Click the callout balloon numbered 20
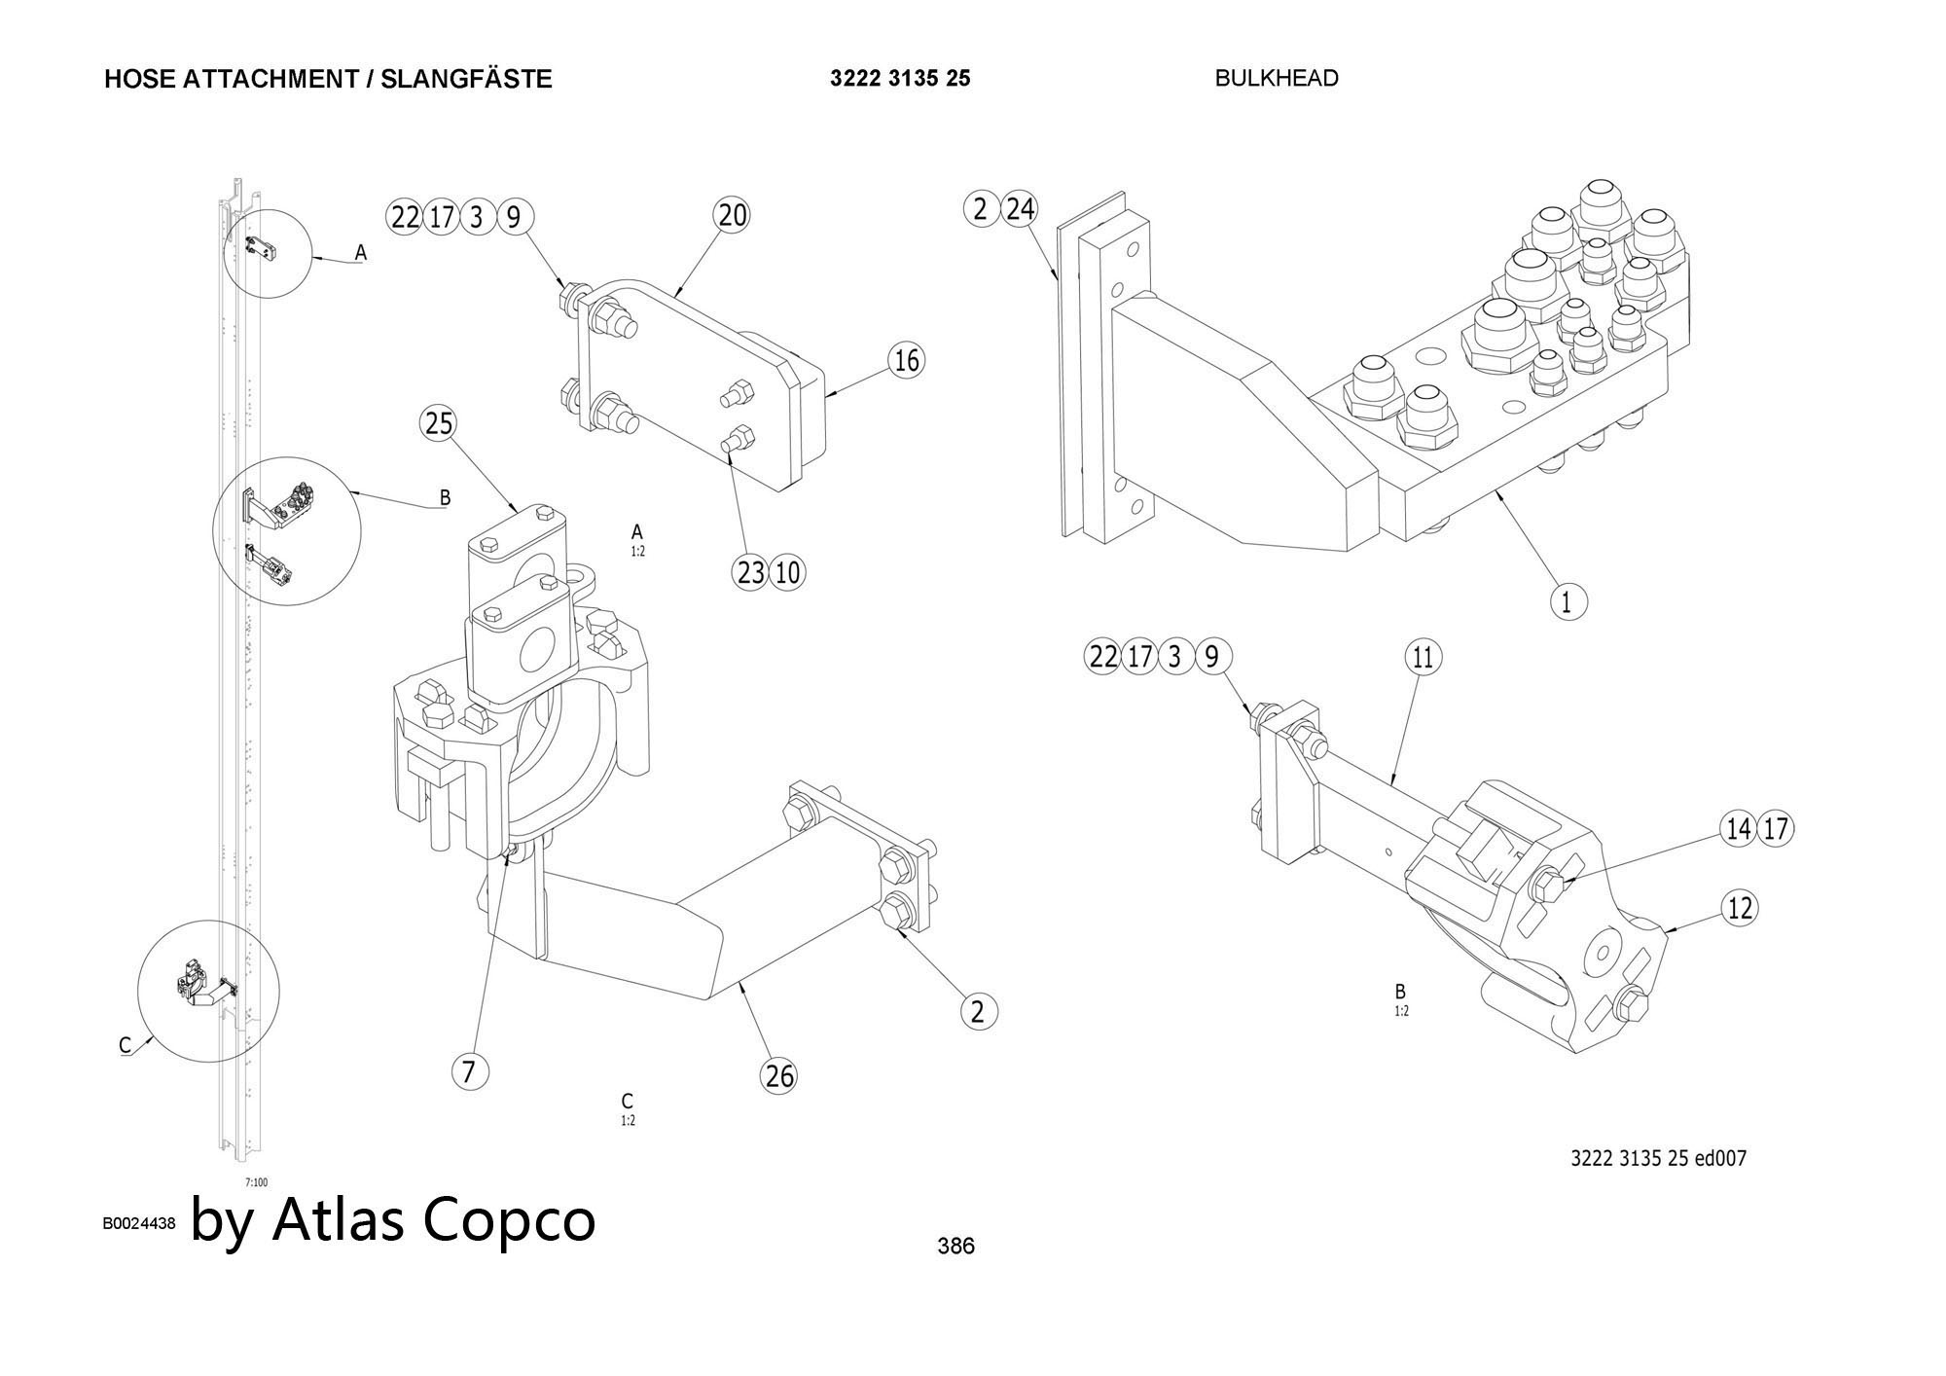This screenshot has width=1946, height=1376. pyautogui.click(x=732, y=215)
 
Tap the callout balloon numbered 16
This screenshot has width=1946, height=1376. pyautogui.click(x=906, y=361)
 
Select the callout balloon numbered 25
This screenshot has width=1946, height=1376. pyautogui.click(x=439, y=423)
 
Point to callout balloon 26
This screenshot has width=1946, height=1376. pyautogui.click(x=779, y=1075)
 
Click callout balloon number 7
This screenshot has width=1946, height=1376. pyautogui.click(x=469, y=1071)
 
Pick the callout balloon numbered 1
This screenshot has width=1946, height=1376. pyautogui.click(x=1567, y=601)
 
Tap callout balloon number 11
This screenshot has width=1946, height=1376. pyautogui.click(x=1423, y=658)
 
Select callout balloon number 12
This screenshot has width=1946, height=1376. pyautogui.click(x=1740, y=908)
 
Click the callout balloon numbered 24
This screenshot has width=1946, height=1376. pyautogui.click(x=1020, y=208)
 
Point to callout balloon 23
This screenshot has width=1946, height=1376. pyautogui.click(x=750, y=572)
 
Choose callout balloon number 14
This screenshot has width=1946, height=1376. pyautogui.click(x=1739, y=829)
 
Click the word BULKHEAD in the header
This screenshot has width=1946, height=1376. pyautogui.click(x=1277, y=78)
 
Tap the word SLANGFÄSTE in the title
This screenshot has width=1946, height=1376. pyautogui.click(x=466, y=79)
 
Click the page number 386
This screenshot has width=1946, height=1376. pyautogui.click(x=955, y=1246)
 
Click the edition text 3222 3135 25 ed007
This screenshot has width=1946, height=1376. pyautogui.click(x=1658, y=1158)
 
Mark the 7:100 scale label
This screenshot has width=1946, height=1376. pyautogui.click(x=256, y=1182)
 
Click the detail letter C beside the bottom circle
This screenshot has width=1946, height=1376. pyautogui.click(x=125, y=1045)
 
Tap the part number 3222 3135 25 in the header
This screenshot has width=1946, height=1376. pyautogui.click(x=900, y=78)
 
